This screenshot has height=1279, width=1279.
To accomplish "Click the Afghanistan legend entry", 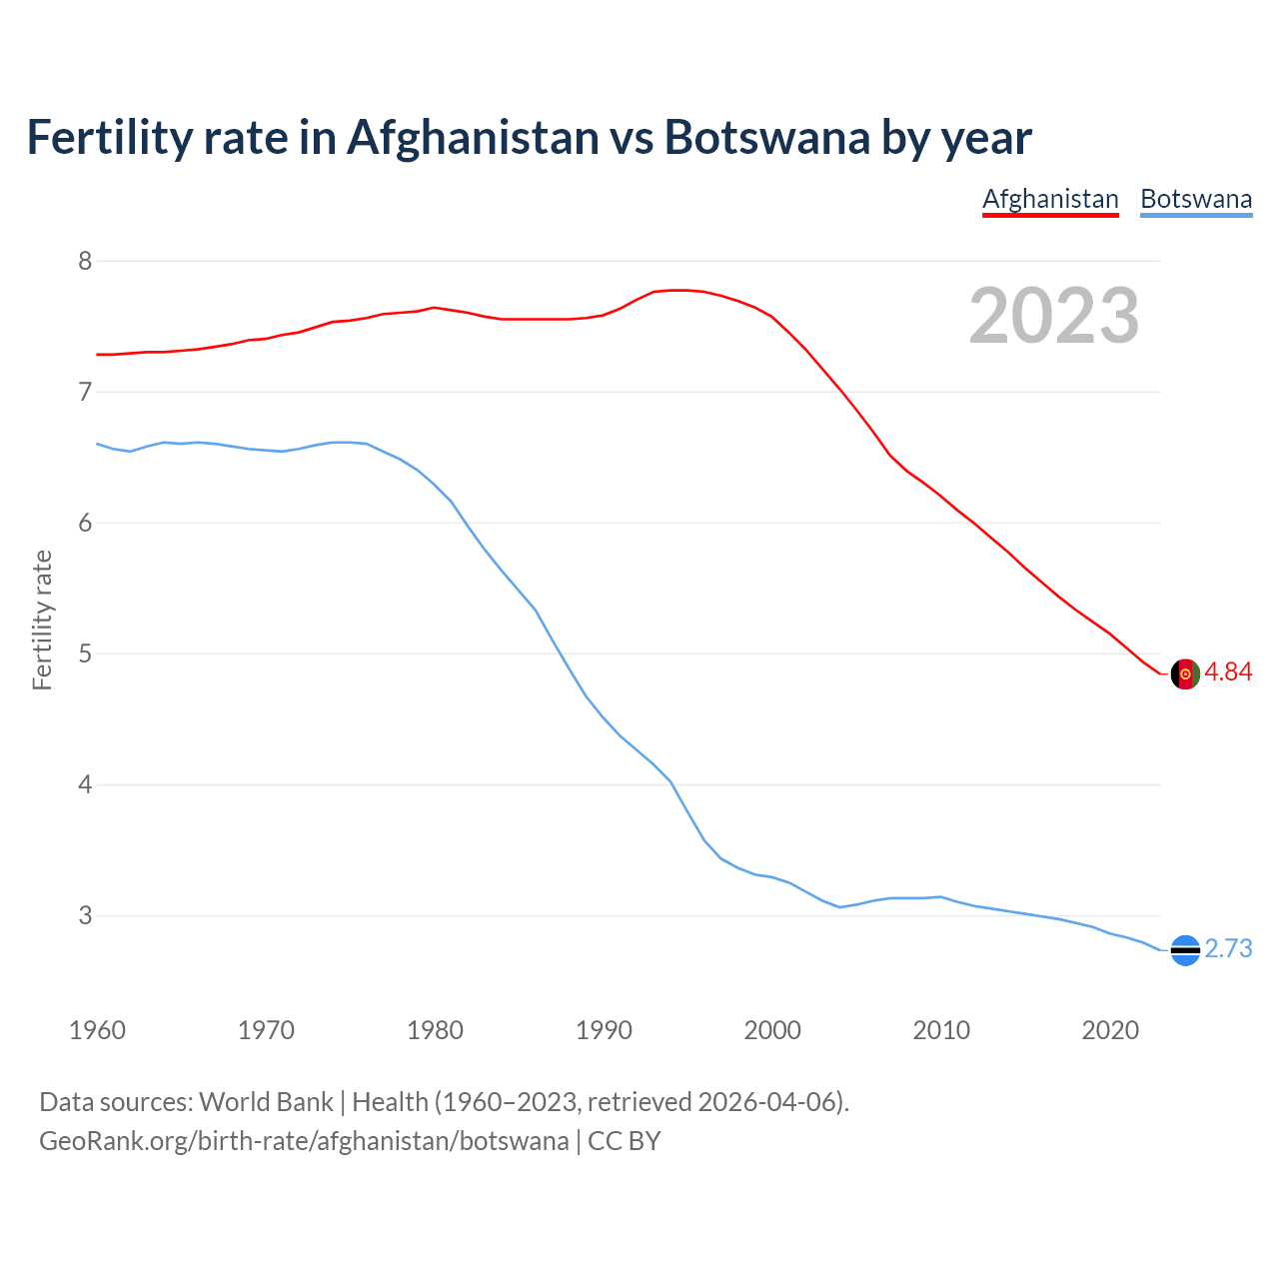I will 1050,199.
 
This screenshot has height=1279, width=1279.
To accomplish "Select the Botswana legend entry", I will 1196,199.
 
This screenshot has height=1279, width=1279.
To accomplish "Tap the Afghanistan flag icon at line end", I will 1184,674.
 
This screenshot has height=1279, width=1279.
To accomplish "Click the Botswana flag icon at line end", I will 1184,950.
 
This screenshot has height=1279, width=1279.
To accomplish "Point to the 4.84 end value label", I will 1228,672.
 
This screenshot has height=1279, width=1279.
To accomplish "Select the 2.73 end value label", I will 1228,949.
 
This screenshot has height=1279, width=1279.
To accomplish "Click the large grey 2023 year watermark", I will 1053,316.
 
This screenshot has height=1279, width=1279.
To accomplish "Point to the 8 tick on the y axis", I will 85,262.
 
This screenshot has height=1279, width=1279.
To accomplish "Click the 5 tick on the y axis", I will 85,654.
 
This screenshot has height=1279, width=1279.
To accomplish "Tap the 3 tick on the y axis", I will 85,916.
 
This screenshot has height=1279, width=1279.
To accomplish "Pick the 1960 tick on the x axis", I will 97,1030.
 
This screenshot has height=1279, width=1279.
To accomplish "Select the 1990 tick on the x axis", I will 604,1030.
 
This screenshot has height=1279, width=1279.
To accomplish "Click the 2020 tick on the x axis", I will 1110,1030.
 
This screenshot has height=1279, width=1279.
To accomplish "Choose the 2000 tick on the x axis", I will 772,1030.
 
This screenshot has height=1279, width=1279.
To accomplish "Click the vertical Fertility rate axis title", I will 42,620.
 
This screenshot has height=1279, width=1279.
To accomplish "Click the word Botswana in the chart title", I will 766,138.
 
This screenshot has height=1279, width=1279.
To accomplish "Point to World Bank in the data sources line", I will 266,1102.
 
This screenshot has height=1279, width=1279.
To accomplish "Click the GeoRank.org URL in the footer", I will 304,1141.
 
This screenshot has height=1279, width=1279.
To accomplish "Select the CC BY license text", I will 625,1141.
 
